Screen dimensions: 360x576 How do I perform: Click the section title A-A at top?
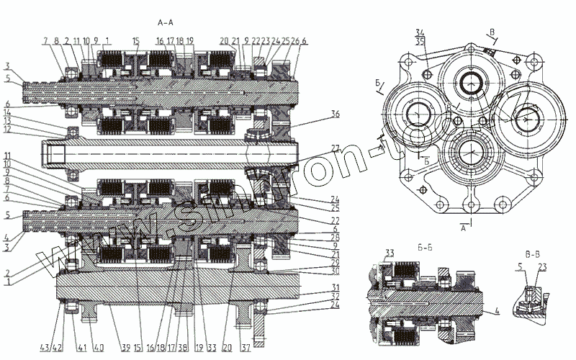coord(166,22)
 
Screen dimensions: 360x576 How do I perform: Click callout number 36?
coord(336,114)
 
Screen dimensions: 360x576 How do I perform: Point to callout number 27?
coord(335,150)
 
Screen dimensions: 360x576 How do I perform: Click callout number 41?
coord(82,328)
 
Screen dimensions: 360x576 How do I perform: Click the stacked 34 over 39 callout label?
coord(420,35)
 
